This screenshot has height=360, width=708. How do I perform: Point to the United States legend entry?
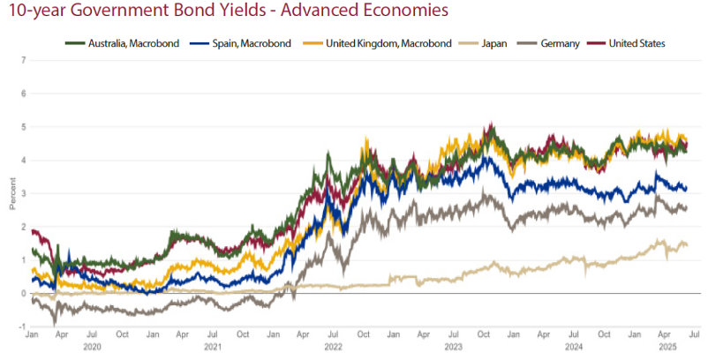click(x=636, y=43)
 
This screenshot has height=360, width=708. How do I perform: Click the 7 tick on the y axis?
click(x=23, y=60)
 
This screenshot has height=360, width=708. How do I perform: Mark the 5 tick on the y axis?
click(x=23, y=126)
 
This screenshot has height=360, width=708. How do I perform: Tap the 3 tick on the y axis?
click(x=23, y=193)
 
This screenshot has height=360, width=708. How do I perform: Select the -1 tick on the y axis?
click(x=21, y=326)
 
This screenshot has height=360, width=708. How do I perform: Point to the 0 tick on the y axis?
click(x=23, y=293)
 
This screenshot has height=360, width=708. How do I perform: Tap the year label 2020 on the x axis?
click(x=92, y=348)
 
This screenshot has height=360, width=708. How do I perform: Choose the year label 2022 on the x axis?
click(x=332, y=348)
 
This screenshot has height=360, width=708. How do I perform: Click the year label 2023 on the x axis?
click(x=452, y=348)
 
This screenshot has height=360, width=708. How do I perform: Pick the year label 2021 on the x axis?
click(x=212, y=348)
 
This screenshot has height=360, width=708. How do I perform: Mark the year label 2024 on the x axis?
click(x=572, y=348)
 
